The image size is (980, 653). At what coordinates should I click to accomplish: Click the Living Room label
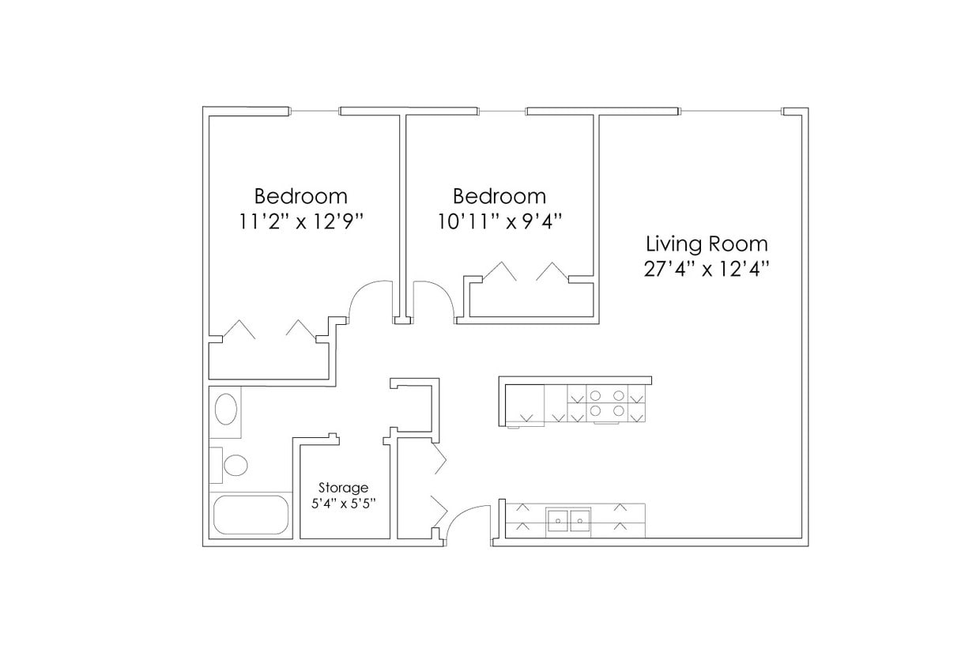[707, 243]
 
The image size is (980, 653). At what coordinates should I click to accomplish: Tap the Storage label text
[343, 488]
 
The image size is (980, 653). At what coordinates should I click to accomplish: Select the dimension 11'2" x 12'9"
[300, 221]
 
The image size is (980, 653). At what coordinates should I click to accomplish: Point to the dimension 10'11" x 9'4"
[499, 221]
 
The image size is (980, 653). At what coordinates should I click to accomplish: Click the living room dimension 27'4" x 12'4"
[707, 269]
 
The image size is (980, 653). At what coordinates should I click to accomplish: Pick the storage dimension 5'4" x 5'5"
[343, 504]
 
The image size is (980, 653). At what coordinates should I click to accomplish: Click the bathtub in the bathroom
[251, 515]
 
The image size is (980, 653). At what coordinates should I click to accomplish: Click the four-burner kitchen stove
[607, 403]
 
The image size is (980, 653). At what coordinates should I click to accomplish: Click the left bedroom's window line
[315, 111]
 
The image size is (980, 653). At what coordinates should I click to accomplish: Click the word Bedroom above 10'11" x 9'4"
[499, 195]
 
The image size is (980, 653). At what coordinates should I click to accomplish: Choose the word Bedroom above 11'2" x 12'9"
[300, 195]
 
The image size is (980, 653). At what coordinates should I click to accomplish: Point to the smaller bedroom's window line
[503, 111]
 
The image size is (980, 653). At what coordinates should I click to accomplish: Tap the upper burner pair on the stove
[607, 395]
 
